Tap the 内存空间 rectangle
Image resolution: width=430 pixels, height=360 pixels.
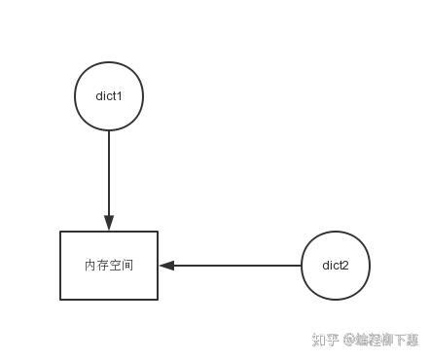[109, 282]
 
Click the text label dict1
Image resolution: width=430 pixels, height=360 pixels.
[109, 95]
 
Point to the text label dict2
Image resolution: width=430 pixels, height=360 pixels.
[336, 265]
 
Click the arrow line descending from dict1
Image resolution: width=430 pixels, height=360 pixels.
[109, 170]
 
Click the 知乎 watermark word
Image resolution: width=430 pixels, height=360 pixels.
[324, 340]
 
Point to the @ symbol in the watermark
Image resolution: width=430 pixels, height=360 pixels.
[346, 341]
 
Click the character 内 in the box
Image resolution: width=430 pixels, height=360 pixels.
[90, 265]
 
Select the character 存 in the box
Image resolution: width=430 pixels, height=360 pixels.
[103, 265]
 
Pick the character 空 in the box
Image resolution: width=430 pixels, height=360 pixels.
[115, 265]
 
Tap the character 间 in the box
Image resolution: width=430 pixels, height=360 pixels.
[127, 265]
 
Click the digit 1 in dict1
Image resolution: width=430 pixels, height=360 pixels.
[120, 95]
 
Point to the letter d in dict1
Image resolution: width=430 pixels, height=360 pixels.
[99, 95]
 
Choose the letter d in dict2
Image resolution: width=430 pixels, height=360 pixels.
[326, 265]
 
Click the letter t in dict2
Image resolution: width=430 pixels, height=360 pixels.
[340, 265]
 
